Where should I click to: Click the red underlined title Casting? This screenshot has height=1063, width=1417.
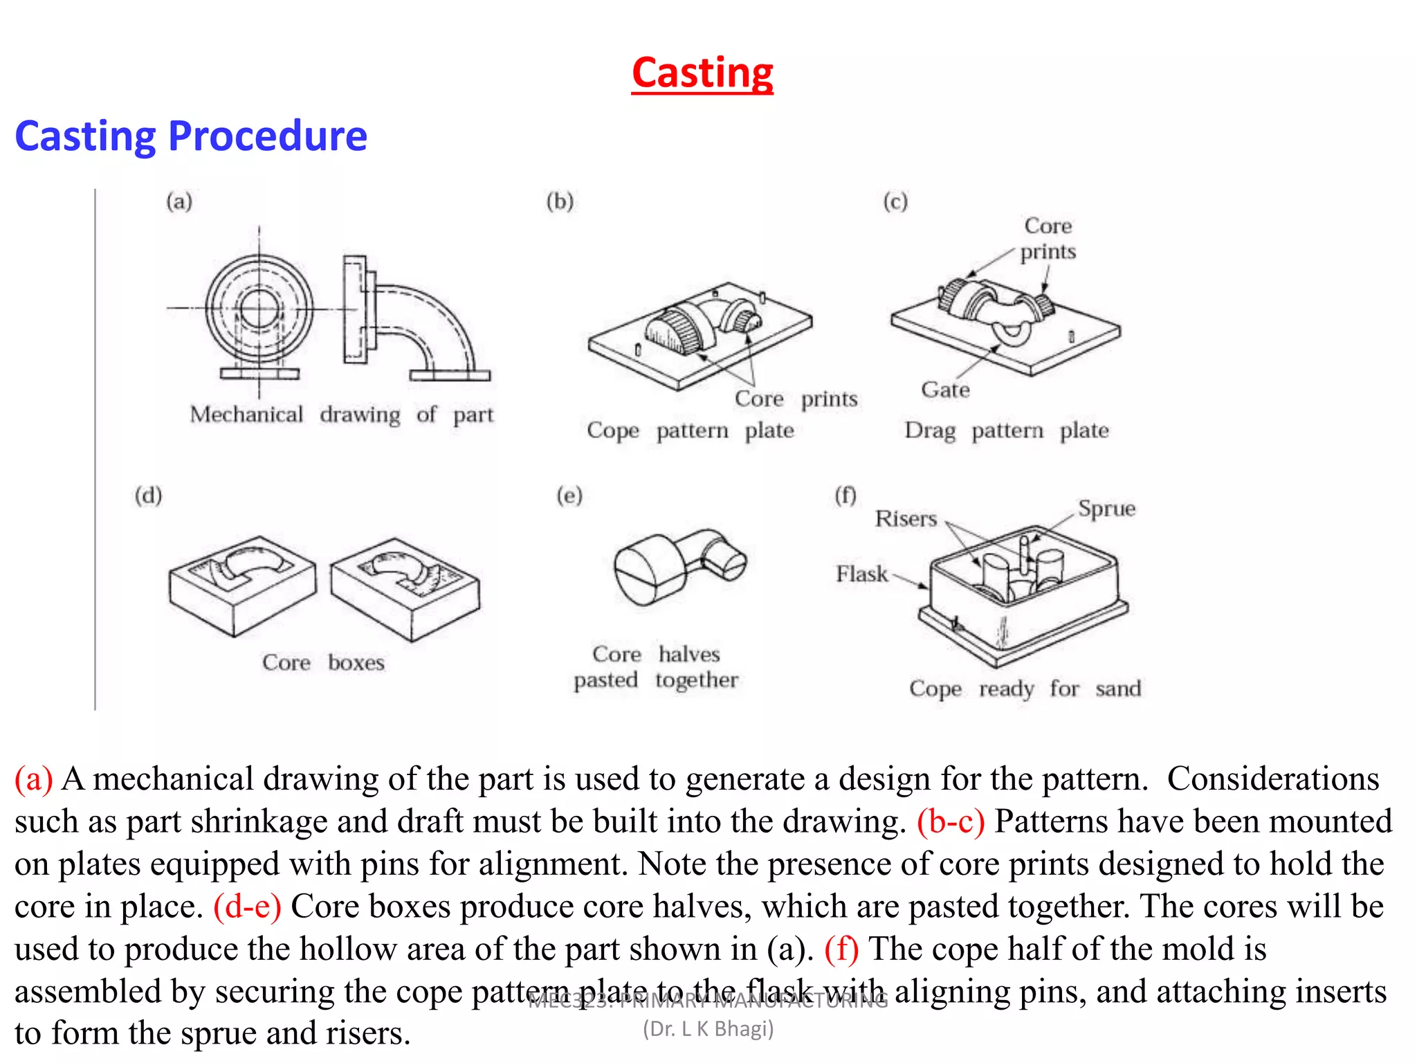702,73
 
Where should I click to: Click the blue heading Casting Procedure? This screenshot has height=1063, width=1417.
191,136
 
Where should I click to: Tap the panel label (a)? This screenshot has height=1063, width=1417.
179,201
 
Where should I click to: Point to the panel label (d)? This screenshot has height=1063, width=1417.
148,496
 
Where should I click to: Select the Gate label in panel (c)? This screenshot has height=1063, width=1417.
945,390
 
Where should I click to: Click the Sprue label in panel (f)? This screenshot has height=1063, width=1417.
1106,509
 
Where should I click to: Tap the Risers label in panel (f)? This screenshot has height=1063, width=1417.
906,518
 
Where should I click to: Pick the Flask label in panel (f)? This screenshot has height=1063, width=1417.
861,574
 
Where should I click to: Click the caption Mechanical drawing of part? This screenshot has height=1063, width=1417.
342,415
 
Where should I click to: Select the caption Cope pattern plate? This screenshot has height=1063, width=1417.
690,430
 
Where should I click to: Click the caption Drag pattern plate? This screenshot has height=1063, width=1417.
1007,430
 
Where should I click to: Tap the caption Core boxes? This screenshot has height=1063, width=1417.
323,662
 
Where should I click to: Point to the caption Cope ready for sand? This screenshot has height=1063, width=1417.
1025,689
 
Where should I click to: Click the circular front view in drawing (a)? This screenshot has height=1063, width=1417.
259,309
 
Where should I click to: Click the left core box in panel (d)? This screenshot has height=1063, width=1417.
241,585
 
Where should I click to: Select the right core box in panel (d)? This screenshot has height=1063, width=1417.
405,588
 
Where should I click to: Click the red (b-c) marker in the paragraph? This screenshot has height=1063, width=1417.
951,821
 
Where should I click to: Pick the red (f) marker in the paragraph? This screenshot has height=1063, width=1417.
841,949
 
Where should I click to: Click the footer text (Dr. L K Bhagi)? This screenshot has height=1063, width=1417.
708,1029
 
